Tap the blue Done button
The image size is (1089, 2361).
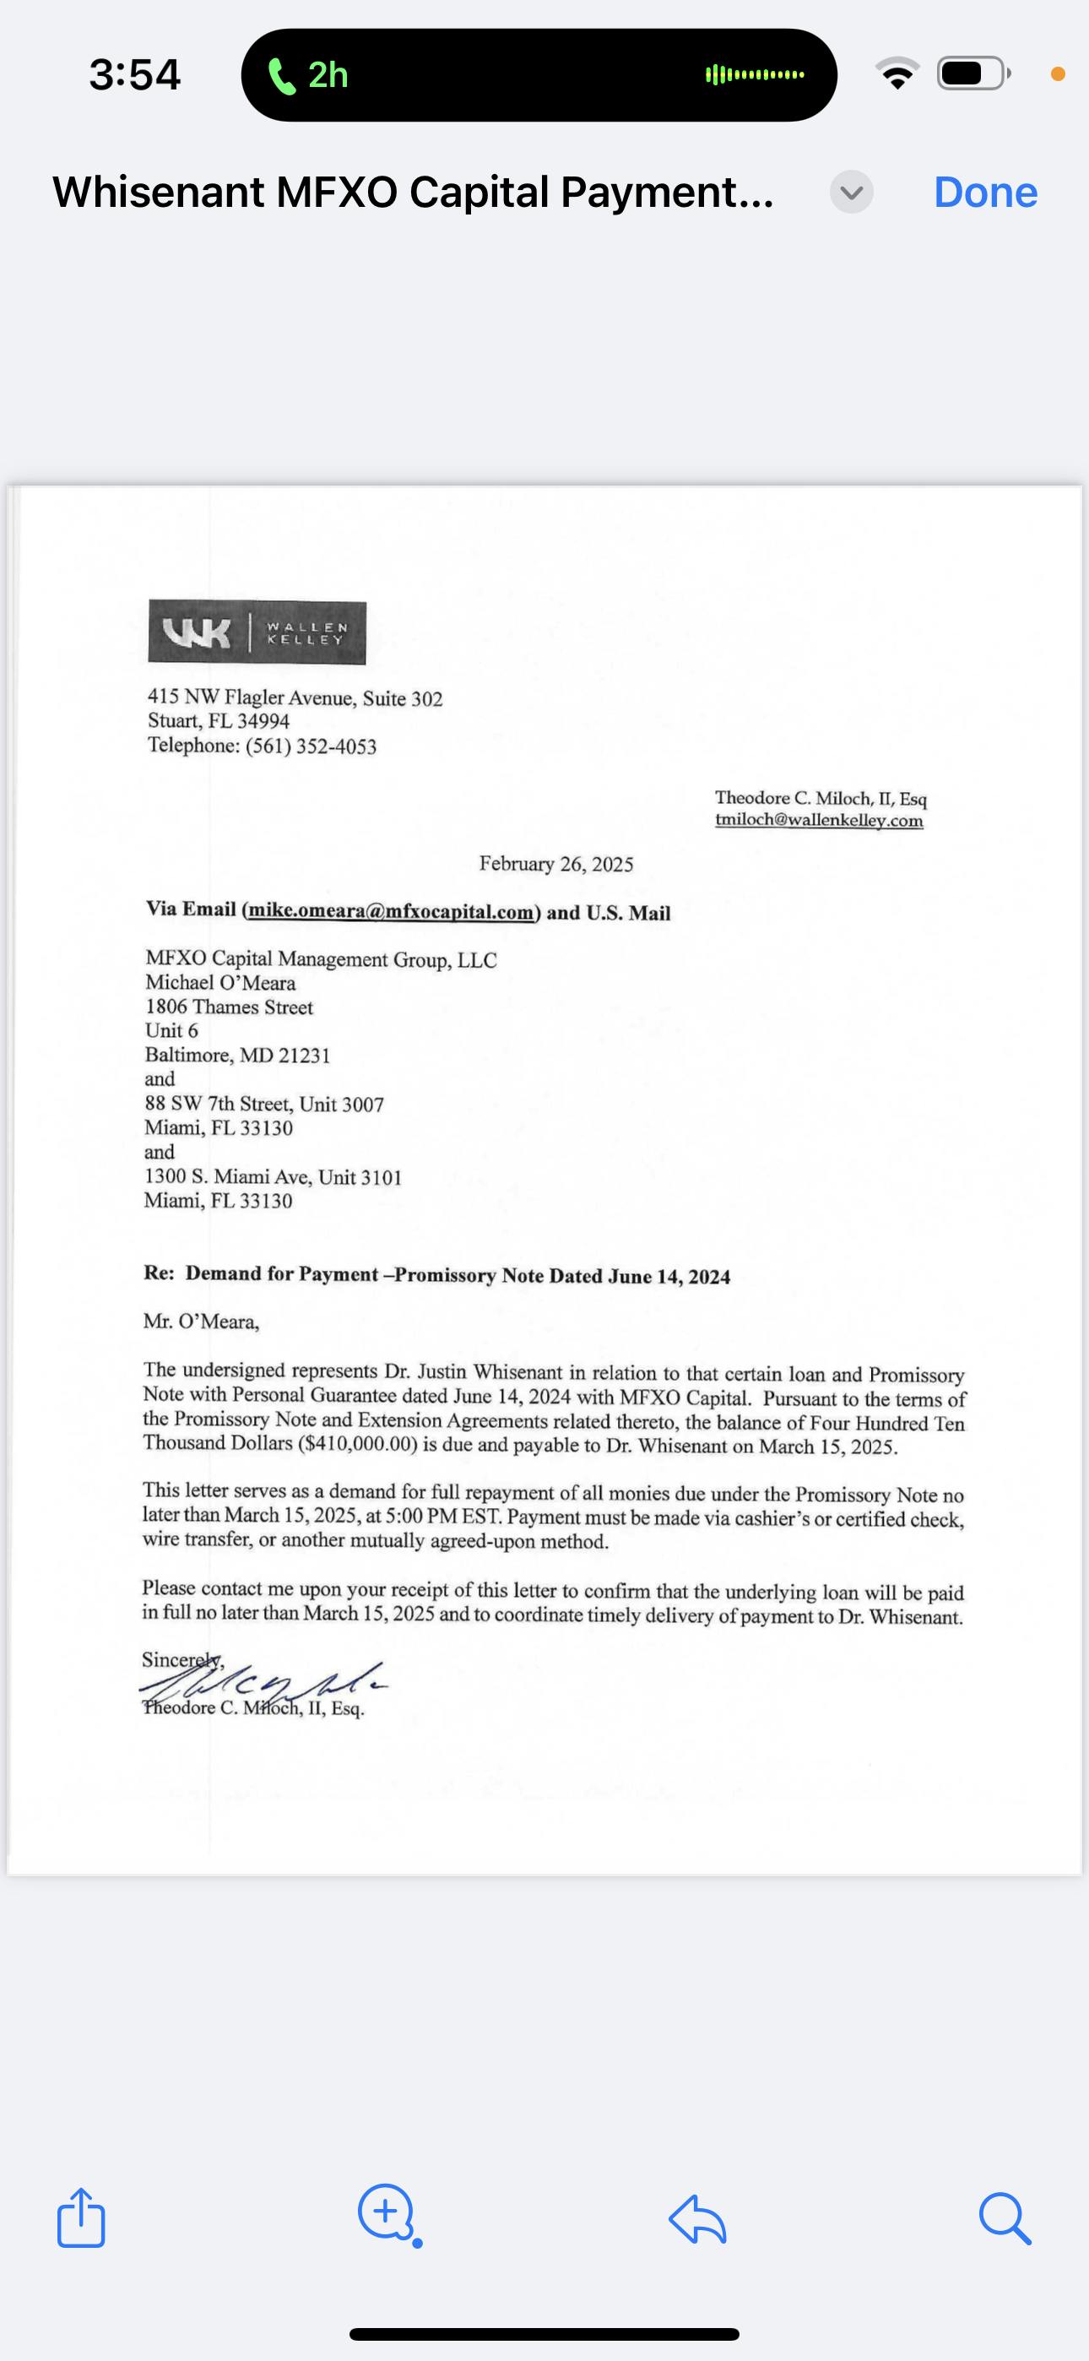pos(985,193)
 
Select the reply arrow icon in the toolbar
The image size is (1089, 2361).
pos(697,2219)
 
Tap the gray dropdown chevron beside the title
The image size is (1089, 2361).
pos(852,193)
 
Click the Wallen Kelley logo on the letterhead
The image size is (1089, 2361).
pos(257,632)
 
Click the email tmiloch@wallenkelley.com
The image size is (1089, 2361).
pos(819,820)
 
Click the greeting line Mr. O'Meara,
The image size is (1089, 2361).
pos(201,1322)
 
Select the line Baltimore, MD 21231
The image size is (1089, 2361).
pos(237,1055)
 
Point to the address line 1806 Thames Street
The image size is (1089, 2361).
pos(229,1007)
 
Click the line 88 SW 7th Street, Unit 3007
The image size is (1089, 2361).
pos(264,1104)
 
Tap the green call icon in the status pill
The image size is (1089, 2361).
pos(281,75)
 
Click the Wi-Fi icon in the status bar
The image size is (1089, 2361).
pos(897,73)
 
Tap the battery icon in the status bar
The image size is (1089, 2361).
pos(973,73)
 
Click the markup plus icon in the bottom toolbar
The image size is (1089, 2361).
pos(387,2213)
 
